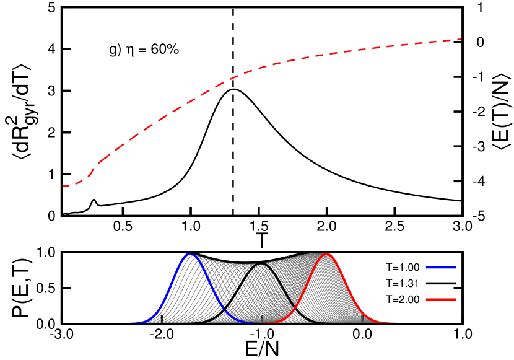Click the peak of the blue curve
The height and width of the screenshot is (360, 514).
189,254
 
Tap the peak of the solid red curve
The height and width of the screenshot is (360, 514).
328,254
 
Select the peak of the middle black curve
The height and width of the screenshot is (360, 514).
262,263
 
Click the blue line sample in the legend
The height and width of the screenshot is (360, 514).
441,267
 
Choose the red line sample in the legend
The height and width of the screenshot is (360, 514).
441,299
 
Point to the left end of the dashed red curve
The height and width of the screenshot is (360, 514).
63,186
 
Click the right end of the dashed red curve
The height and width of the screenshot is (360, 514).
461,39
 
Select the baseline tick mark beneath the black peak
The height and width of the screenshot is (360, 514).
262,318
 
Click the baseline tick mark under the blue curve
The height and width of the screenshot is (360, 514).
162,320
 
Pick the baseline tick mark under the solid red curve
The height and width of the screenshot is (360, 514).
362,318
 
